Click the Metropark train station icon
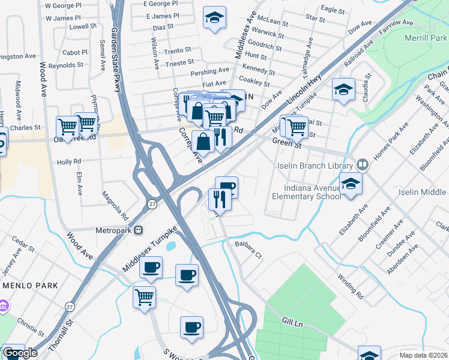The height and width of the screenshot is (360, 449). [x=139, y=230]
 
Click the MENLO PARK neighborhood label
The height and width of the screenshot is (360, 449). [x=30, y=285]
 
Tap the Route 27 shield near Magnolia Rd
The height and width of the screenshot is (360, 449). [x=153, y=204]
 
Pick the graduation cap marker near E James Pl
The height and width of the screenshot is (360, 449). [x=214, y=18]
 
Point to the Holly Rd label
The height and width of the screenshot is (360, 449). [x=68, y=162]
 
